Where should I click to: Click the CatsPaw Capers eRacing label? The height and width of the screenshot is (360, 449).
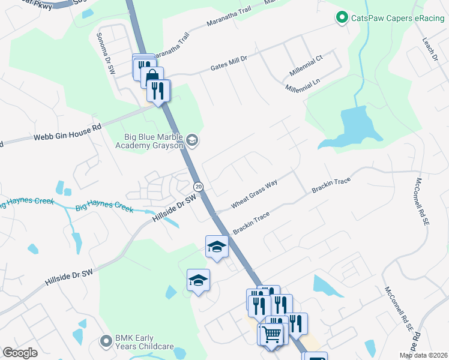coord(391,19)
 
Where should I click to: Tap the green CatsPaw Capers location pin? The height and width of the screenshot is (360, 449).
coord(342,19)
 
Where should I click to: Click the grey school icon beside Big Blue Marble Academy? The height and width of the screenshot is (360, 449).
coord(192,141)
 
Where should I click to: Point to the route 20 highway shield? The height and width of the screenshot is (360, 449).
coord(199,187)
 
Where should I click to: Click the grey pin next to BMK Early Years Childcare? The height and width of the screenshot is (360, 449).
coord(106,341)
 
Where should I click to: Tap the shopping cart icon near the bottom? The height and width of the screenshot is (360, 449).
coord(273,334)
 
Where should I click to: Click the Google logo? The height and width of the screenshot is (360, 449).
coord(20,353)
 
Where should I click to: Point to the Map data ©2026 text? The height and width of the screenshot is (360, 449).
coord(423,355)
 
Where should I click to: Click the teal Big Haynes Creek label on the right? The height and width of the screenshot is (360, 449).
coord(104,208)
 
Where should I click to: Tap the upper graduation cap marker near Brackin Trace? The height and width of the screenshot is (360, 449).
coord(217,246)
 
